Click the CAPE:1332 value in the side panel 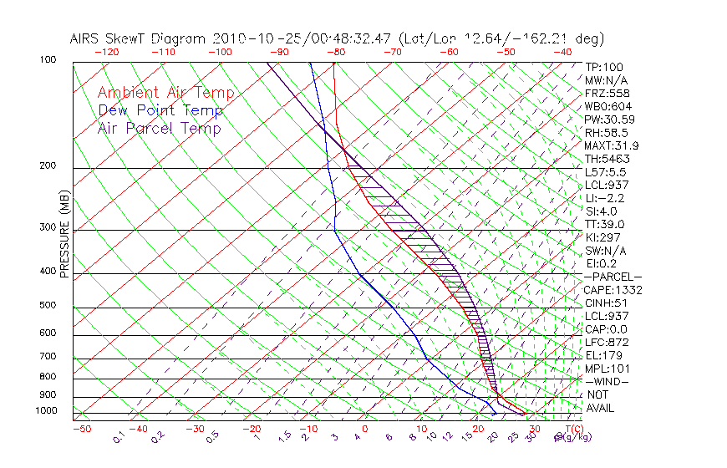612,290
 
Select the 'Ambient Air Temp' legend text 165,94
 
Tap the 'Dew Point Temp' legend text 160,111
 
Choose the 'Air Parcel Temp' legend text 159,129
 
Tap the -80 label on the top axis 336,52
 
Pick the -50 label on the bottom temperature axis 81,429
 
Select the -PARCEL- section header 613,277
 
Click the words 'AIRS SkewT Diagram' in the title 139,39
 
